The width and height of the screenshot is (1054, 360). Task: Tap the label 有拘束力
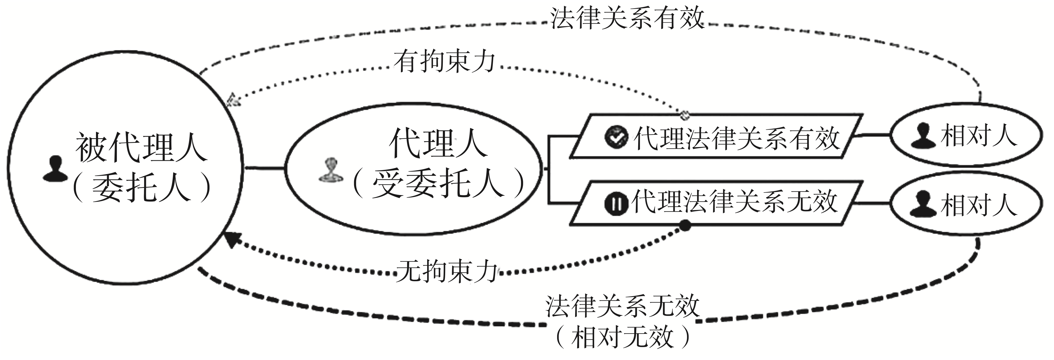click(x=445, y=63)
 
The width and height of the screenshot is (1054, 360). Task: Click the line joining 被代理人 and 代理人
click(x=264, y=168)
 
